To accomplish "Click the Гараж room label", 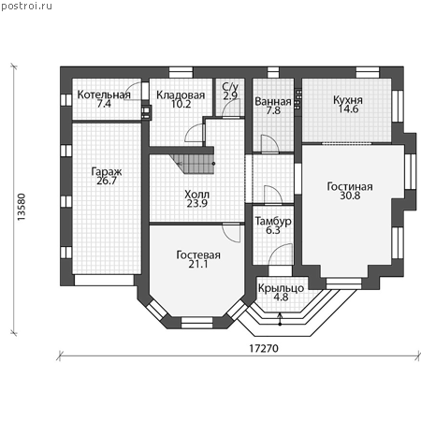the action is [107, 171].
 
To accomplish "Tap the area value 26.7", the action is [107, 181].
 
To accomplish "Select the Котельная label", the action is [104, 94].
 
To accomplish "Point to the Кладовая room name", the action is [181, 94].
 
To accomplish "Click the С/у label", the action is [230, 87].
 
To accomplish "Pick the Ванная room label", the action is [273, 101].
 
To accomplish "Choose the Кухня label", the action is [348, 100].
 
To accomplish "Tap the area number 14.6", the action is [348, 109].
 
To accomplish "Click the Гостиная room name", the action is [350, 186].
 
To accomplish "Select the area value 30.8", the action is [350, 196].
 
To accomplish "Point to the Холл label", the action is [196, 195].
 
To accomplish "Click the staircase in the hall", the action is [193, 164].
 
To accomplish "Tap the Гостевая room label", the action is [198, 254].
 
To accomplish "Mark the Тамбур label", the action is [273, 221].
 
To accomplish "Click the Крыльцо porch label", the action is [281, 288].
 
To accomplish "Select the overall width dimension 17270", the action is [264, 348].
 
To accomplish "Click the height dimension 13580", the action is [22, 208].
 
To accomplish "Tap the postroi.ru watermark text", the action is [26, 7].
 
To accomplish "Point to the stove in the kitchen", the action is [298, 99].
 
